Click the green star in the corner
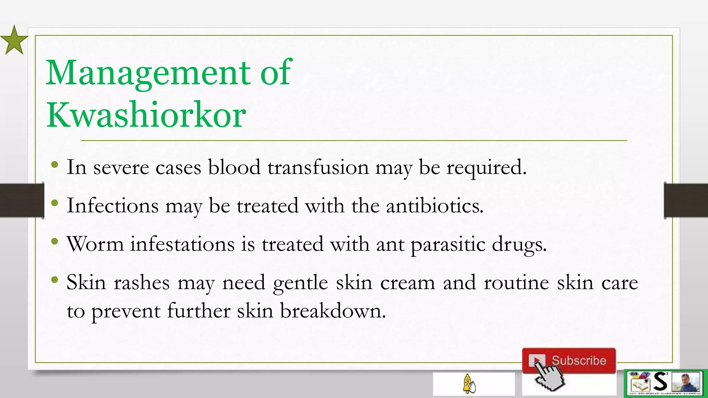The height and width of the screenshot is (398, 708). pyautogui.click(x=14, y=41)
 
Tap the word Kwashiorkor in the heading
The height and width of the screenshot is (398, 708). pyautogui.click(x=146, y=115)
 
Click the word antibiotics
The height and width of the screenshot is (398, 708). pyautogui.click(x=435, y=206)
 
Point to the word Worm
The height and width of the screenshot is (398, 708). pyautogui.click(x=95, y=244)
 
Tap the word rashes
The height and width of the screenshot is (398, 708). pyautogui.click(x=142, y=283)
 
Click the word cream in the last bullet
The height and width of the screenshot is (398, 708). pyautogui.click(x=408, y=283)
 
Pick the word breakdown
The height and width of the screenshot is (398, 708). pyautogui.click(x=333, y=311)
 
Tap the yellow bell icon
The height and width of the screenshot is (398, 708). pyautogui.click(x=469, y=383)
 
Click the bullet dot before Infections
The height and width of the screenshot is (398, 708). pyautogui.click(x=54, y=203)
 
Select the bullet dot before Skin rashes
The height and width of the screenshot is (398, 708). pyautogui.click(x=54, y=280)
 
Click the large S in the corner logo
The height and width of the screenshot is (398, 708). pyautogui.click(x=660, y=382)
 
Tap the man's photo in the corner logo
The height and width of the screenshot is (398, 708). pyautogui.click(x=688, y=382)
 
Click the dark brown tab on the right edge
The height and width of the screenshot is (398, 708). pyautogui.click(x=686, y=200)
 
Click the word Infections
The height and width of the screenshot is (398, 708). pyautogui.click(x=112, y=206)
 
